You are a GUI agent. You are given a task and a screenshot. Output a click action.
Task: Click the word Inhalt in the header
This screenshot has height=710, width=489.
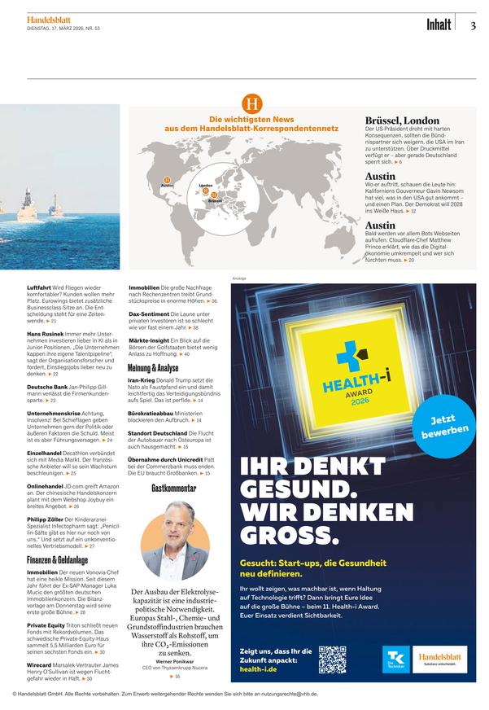tap(439, 25)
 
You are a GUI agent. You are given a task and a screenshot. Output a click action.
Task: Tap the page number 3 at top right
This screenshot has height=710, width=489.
tap(474, 25)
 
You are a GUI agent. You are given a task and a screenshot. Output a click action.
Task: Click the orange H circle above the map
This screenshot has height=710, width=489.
tap(252, 104)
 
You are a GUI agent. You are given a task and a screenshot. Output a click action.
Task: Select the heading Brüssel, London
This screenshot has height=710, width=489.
tap(402, 121)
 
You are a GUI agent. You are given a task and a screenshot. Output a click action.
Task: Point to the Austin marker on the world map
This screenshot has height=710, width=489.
tap(167, 180)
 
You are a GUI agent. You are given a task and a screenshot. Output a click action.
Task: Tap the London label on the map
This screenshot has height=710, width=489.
tap(205, 186)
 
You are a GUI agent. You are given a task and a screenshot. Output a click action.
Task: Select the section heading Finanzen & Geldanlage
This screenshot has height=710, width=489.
tap(57, 560)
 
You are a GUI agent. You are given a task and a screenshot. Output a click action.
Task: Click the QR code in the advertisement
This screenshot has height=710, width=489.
tap(333, 660)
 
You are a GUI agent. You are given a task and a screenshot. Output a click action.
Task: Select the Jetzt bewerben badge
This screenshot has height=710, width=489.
tap(444, 426)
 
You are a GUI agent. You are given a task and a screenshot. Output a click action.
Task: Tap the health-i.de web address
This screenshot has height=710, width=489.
tap(264, 669)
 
